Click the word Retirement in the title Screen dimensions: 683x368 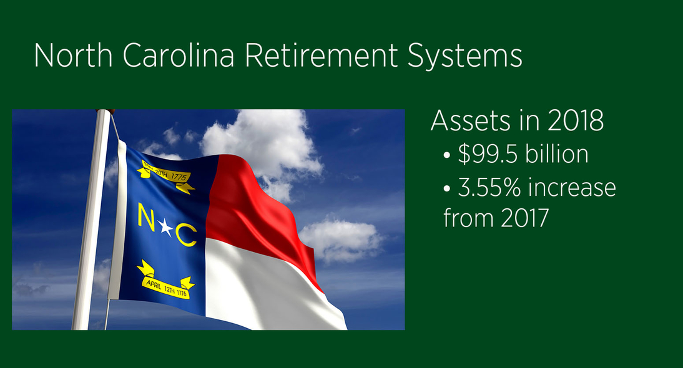click(x=321, y=56)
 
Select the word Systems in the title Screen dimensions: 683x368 click(x=464, y=57)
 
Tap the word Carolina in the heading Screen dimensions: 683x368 click(x=179, y=56)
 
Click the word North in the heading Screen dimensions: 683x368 click(x=73, y=56)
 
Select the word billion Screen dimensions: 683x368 click(x=557, y=153)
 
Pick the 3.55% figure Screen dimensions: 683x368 click(x=489, y=188)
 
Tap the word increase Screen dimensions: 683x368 click(x=572, y=188)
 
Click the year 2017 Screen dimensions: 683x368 click(x=524, y=218)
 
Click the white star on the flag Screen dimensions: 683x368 click(x=165, y=226)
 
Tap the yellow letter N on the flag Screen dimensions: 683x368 click(x=146, y=218)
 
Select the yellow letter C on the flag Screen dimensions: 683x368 click(x=186, y=235)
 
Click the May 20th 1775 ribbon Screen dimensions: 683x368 click(x=165, y=175)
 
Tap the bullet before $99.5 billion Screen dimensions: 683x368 click(x=446, y=155)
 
